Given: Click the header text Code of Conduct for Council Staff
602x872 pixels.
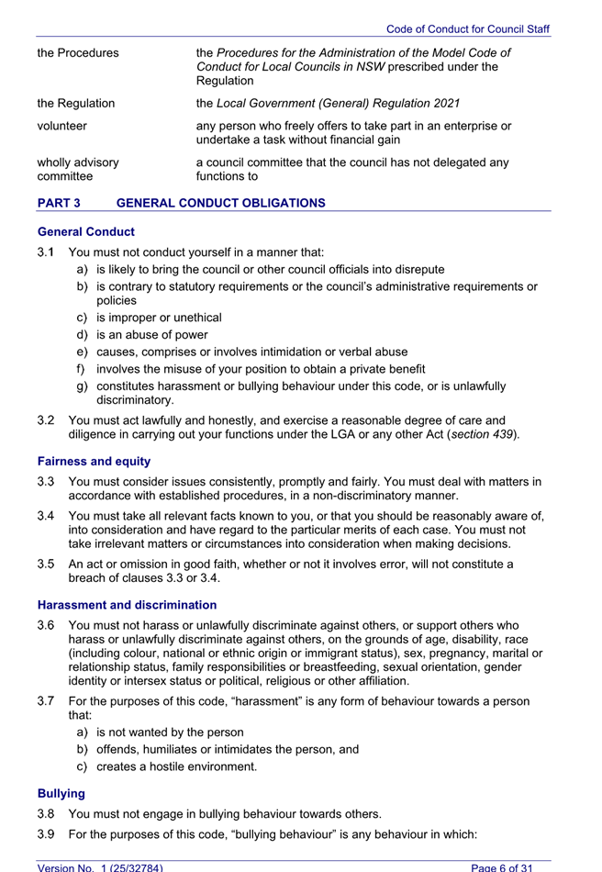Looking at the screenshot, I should coord(468,29).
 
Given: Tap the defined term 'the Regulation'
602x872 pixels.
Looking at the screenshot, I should coord(76,103).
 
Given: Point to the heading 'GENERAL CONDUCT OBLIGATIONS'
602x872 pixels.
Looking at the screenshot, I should coord(220,203).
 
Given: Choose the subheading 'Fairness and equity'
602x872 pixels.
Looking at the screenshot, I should coord(94,461).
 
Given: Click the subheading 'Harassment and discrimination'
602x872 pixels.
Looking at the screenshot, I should coord(127,605).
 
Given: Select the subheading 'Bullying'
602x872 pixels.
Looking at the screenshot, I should coord(61,792).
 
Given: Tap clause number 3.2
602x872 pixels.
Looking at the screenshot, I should coord(47,419).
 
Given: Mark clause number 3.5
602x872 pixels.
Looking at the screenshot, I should coord(47,564).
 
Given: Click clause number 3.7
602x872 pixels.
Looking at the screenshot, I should coord(47,701).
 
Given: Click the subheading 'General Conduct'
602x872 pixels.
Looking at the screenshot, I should coord(85,232).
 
